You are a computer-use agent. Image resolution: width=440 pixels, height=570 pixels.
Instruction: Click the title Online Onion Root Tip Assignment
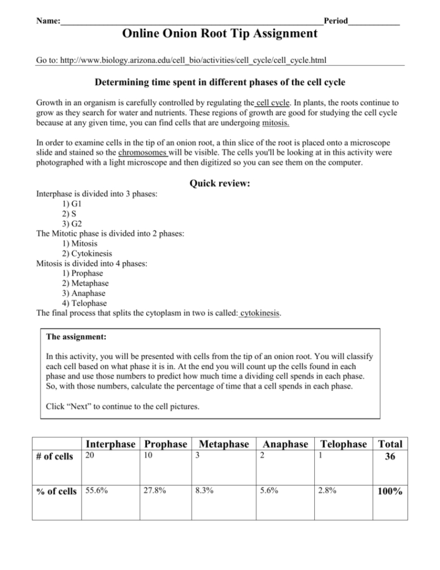pyautogui.click(x=220, y=33)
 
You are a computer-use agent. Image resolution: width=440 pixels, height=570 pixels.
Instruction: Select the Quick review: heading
pyautogui.click(x=220, y=183)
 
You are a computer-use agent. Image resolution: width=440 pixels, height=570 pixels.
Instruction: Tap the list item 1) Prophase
pyautogui.click(x=82, y=273)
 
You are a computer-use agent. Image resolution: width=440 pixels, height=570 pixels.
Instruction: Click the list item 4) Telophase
pyautogui.click(x=84, y=303)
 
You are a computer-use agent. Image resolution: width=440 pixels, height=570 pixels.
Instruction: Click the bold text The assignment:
pyautogui.click(x=76, y=338)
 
